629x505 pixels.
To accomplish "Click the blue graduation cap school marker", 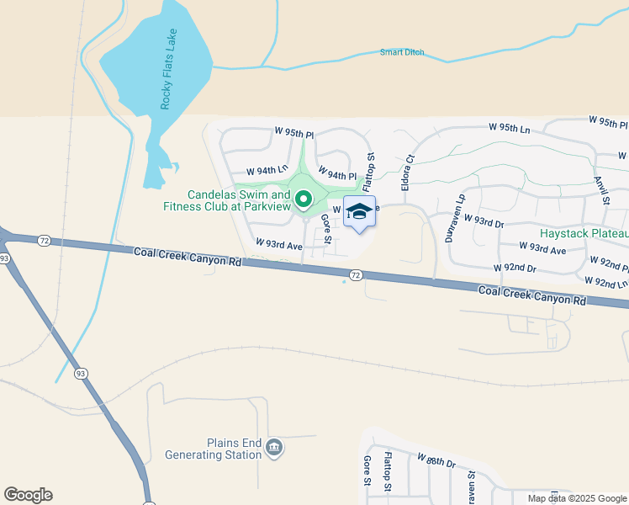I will click(359, 211).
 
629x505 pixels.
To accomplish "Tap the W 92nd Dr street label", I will click(515, 268).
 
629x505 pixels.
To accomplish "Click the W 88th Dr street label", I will click(436, 461).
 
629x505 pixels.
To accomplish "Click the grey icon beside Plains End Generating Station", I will click(274, 448).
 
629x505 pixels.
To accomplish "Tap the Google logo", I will click(28, 495).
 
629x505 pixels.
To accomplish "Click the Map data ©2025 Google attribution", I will click(577, 498).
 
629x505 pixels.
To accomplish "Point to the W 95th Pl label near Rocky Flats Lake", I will click(293, 133).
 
